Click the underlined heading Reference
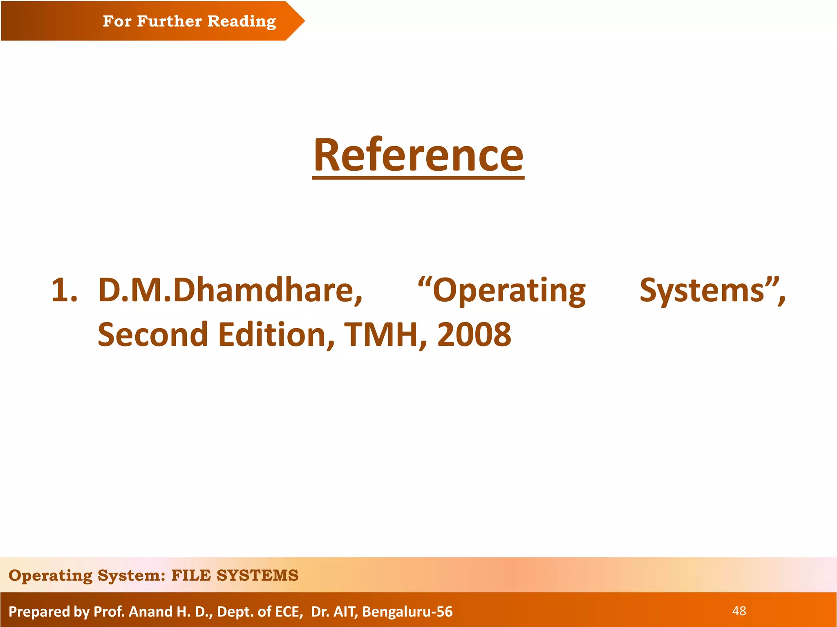tap(418, 156)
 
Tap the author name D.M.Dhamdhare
tap(230, 291)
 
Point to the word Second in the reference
tap(153, 334)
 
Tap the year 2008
tap(474, 334)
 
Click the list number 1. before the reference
tap(64, 291)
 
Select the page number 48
tap(739, 611)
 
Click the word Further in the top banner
tap(169, 21)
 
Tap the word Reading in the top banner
tap(242, 21)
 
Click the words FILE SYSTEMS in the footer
tap(235, 576)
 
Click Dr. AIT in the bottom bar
tap(334, 611)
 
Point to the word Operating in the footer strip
tap(50, 576)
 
